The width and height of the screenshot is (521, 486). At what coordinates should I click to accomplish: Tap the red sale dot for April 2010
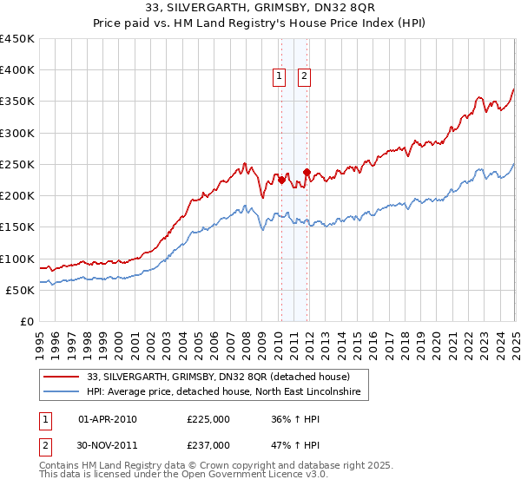coord(281,180)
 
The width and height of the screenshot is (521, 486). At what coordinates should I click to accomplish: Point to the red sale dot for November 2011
coord(307,172)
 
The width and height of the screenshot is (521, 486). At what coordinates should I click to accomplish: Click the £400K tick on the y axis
coord(17,70)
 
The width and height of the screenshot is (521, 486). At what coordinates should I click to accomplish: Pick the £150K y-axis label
coord(17,227)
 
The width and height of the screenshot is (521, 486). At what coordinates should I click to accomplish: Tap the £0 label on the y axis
coord(26,321)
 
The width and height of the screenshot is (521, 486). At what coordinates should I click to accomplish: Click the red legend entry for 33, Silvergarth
coord(217,377)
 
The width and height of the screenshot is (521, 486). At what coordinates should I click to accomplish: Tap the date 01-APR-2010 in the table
coord(108,418)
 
